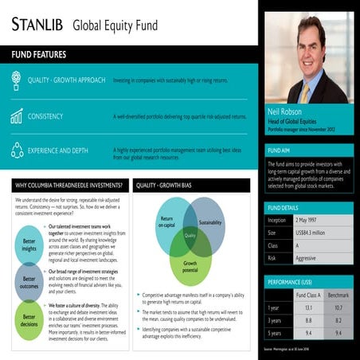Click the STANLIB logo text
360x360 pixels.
pos(37,23)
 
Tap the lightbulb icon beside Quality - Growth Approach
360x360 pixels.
pos(17,80)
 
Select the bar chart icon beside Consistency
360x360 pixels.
pos(17,116)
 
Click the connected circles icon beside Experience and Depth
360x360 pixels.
pos(17,150)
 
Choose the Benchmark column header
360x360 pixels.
pos(338,294)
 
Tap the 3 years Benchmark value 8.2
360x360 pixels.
pos(338,319)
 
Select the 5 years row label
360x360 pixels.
pos(275,332)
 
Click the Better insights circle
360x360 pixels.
pos(29,245)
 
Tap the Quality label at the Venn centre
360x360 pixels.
pos(190,235)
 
